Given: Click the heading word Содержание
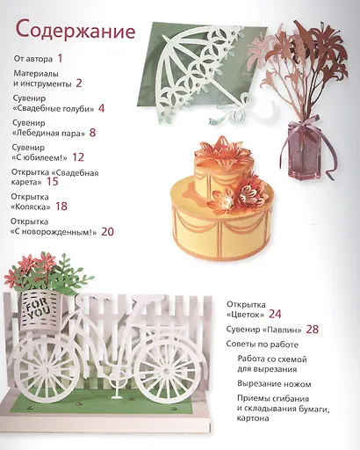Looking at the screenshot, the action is (x=76, y=31).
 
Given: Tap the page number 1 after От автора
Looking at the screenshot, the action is (x=60, y=59).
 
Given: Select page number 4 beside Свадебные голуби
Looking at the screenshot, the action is (x=101, y=108).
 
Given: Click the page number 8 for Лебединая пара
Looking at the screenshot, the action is (x=92, y=133).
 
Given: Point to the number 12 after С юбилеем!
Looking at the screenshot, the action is (x=78, y=157).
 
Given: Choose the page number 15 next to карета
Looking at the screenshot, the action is (x=53, y=182).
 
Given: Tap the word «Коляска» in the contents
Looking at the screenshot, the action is (x=31, y=207).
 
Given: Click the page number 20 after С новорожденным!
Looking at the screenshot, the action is (x=107, y=232).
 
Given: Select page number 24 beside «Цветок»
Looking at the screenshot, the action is (x=275, y=314).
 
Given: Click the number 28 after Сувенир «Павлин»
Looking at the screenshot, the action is (x=313, y=330).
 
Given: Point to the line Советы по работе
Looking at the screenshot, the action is (x=263, y=345).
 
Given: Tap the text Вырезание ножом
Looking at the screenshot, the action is (x=274, y=384).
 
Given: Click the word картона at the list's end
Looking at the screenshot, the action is (x=253, y=418).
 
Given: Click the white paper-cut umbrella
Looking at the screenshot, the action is (x=202, y=73).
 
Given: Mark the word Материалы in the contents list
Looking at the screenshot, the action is (x=36, y=73).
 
